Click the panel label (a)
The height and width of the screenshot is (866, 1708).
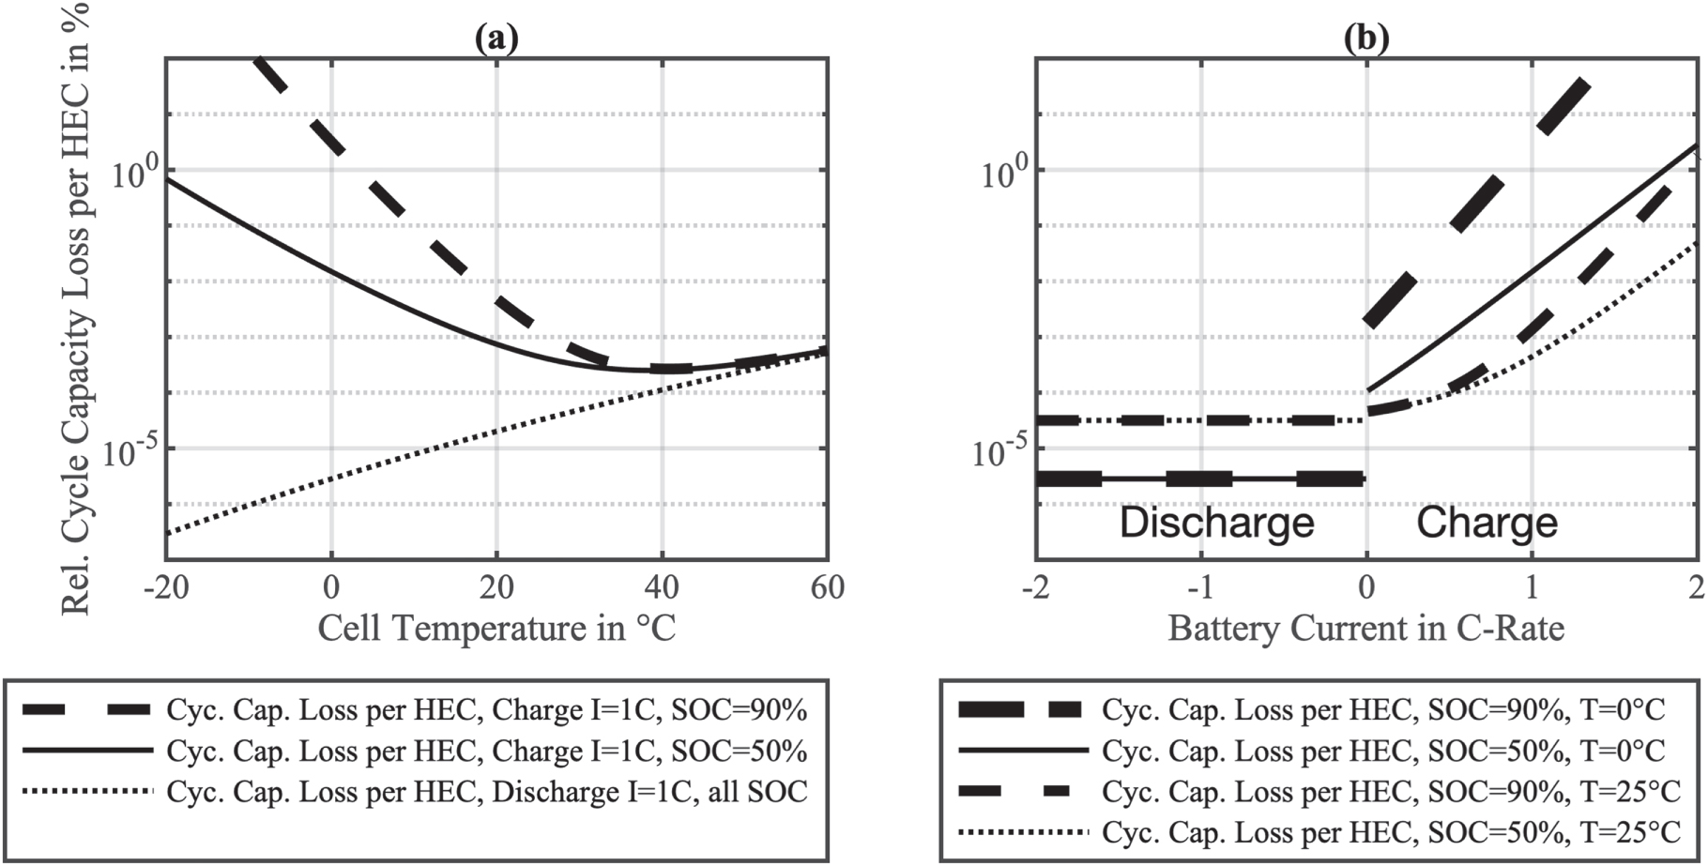[x=496, y=38]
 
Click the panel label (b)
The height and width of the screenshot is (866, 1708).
[x=1366, y=38]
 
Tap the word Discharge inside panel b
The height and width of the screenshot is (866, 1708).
[x=1216, y=523]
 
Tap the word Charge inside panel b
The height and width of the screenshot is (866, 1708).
[x=1487, y=523]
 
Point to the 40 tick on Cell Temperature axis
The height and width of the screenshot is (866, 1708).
[x=662, y=587]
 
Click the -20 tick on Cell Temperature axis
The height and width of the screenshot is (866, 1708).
[x=166, y=587]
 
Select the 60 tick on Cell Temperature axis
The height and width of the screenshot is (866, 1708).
[x=826, y=587]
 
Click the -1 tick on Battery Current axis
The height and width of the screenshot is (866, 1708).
[x=1200, y=587]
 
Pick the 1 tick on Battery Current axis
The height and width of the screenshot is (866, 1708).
[x=1532, y=587]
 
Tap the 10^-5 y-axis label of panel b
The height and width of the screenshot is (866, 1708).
[x=1002, y=452]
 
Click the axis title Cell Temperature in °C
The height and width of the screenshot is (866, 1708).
[x=496, y=628]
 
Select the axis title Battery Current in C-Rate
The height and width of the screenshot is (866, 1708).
[x=1366, y=628]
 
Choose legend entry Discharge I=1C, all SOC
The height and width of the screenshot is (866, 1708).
[x=486, y=792]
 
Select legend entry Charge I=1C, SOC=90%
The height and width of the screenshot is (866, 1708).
[x=486, y=710]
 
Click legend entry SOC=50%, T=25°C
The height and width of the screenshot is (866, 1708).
[x=1390, y=832]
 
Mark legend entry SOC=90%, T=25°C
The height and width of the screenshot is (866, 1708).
[x=1390, y=792]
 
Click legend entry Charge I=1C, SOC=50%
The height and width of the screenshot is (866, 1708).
[x=486, y=751]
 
